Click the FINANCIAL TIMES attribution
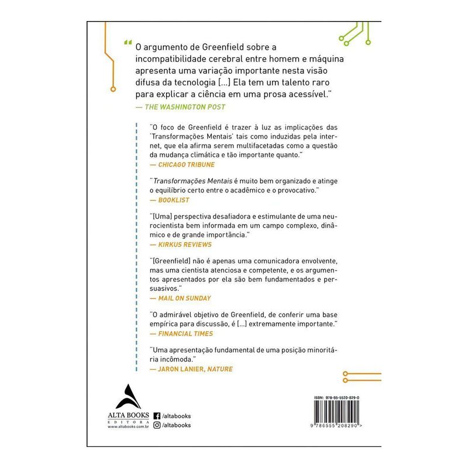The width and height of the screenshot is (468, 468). coord(181,333)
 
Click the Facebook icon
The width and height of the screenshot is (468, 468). coord(157,416)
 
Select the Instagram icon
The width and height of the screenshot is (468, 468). coord(157,425)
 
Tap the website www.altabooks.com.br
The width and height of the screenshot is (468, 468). coord(125,428)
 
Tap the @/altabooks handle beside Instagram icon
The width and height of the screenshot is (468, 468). coord(177,425)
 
